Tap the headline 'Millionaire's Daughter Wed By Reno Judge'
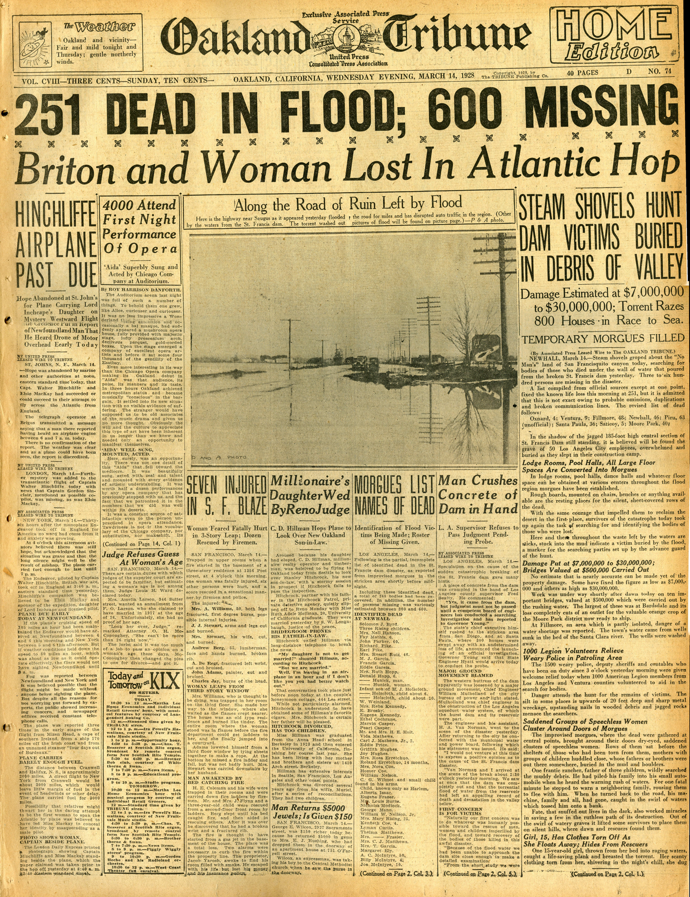309,496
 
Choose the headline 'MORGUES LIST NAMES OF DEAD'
393,496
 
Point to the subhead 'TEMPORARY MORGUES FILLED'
603,337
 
